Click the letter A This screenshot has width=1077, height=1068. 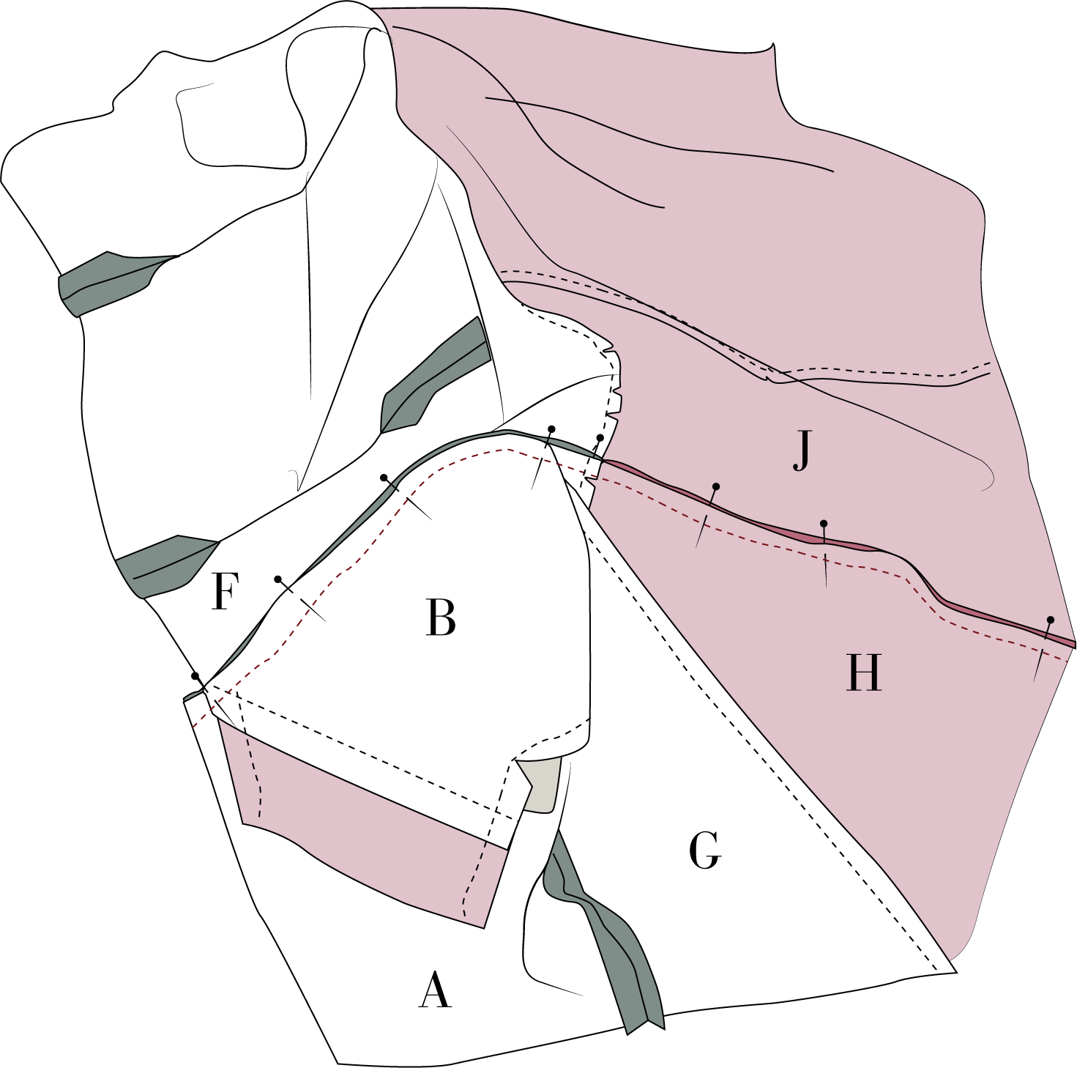(x=434, y=990)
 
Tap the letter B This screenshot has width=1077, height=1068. (x=440, y=618)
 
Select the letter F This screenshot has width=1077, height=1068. (x=224, y=592)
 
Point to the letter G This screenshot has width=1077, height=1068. (x=705, y=850)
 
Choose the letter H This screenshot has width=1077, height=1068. (x=863, y=672)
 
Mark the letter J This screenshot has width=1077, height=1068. (x=802, y=450)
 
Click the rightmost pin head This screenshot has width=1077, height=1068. (x=1050, y=620)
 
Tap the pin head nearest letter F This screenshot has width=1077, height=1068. (x=277, y=579)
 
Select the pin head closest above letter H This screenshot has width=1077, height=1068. (x=824, y=523)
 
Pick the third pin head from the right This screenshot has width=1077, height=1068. (x=716, y=486)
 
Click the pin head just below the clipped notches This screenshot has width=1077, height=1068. (x=600, y=437)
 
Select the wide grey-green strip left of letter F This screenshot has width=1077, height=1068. (x=165, y=564)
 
